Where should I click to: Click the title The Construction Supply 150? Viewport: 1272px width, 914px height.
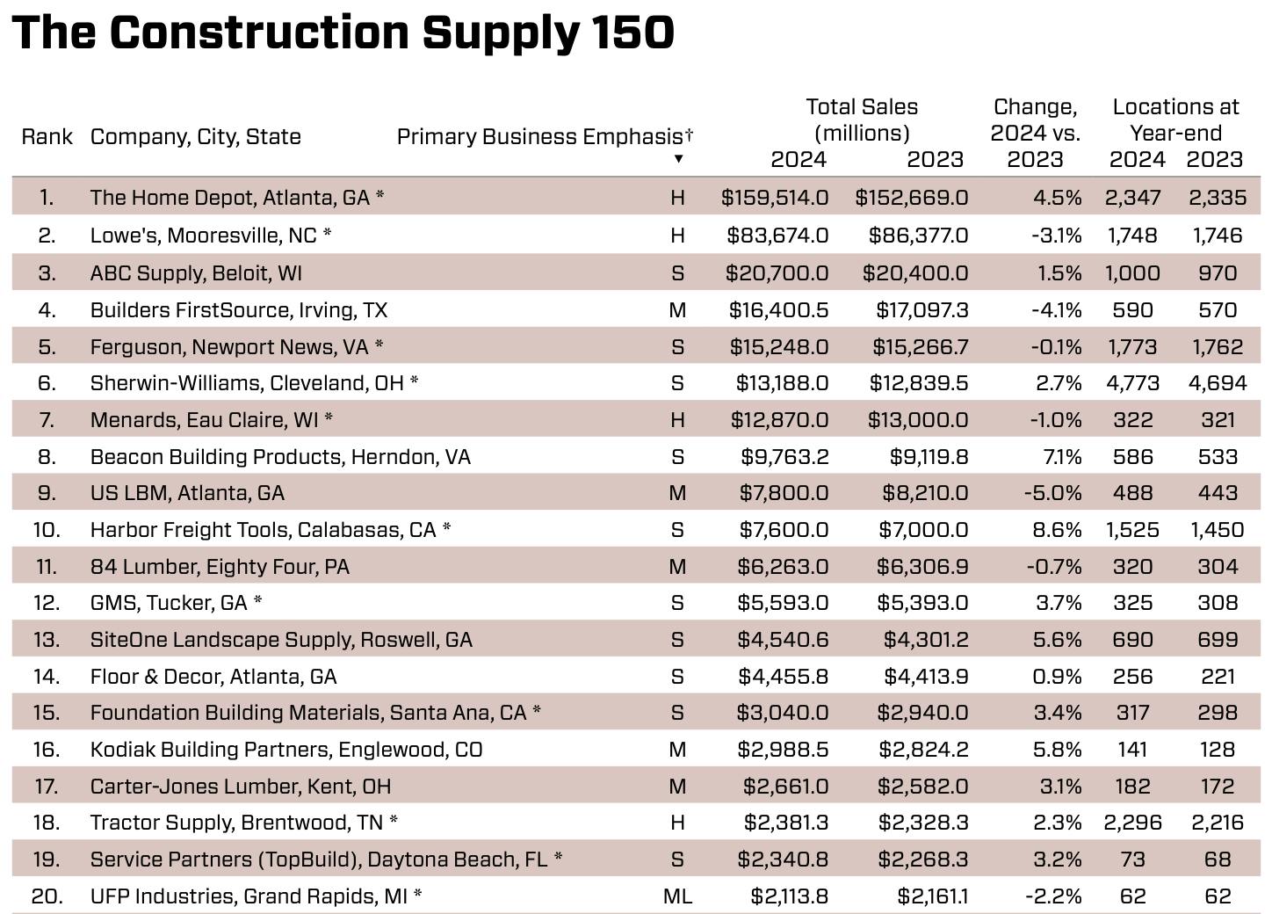(x=343, y=33)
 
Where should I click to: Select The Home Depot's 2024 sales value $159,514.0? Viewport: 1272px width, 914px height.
(x=774, y=198)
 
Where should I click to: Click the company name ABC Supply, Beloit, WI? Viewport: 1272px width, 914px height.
(x=196, y=273)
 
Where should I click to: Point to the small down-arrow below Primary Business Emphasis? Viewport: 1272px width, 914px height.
(x=678, y=159)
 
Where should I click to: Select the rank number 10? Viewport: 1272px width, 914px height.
(x=46, y=530)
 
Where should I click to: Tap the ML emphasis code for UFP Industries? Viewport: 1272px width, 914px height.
(x=677, y=896)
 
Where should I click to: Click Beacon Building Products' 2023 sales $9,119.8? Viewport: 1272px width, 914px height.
(x=921, y=457)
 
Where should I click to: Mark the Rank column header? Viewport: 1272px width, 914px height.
(x=47, y=137)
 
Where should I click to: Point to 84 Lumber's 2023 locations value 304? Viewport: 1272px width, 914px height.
(x=1217, y=567)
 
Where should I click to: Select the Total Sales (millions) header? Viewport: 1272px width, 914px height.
(x=861, y=120)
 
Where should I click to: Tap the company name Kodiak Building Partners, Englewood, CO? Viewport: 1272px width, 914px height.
(x=286, y=750)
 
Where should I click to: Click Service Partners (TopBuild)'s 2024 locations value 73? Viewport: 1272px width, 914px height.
(x=1132, y=860)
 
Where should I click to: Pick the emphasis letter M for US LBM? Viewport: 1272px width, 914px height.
(x=677, y=493)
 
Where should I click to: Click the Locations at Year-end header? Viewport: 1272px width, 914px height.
(x=1175, y=120)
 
